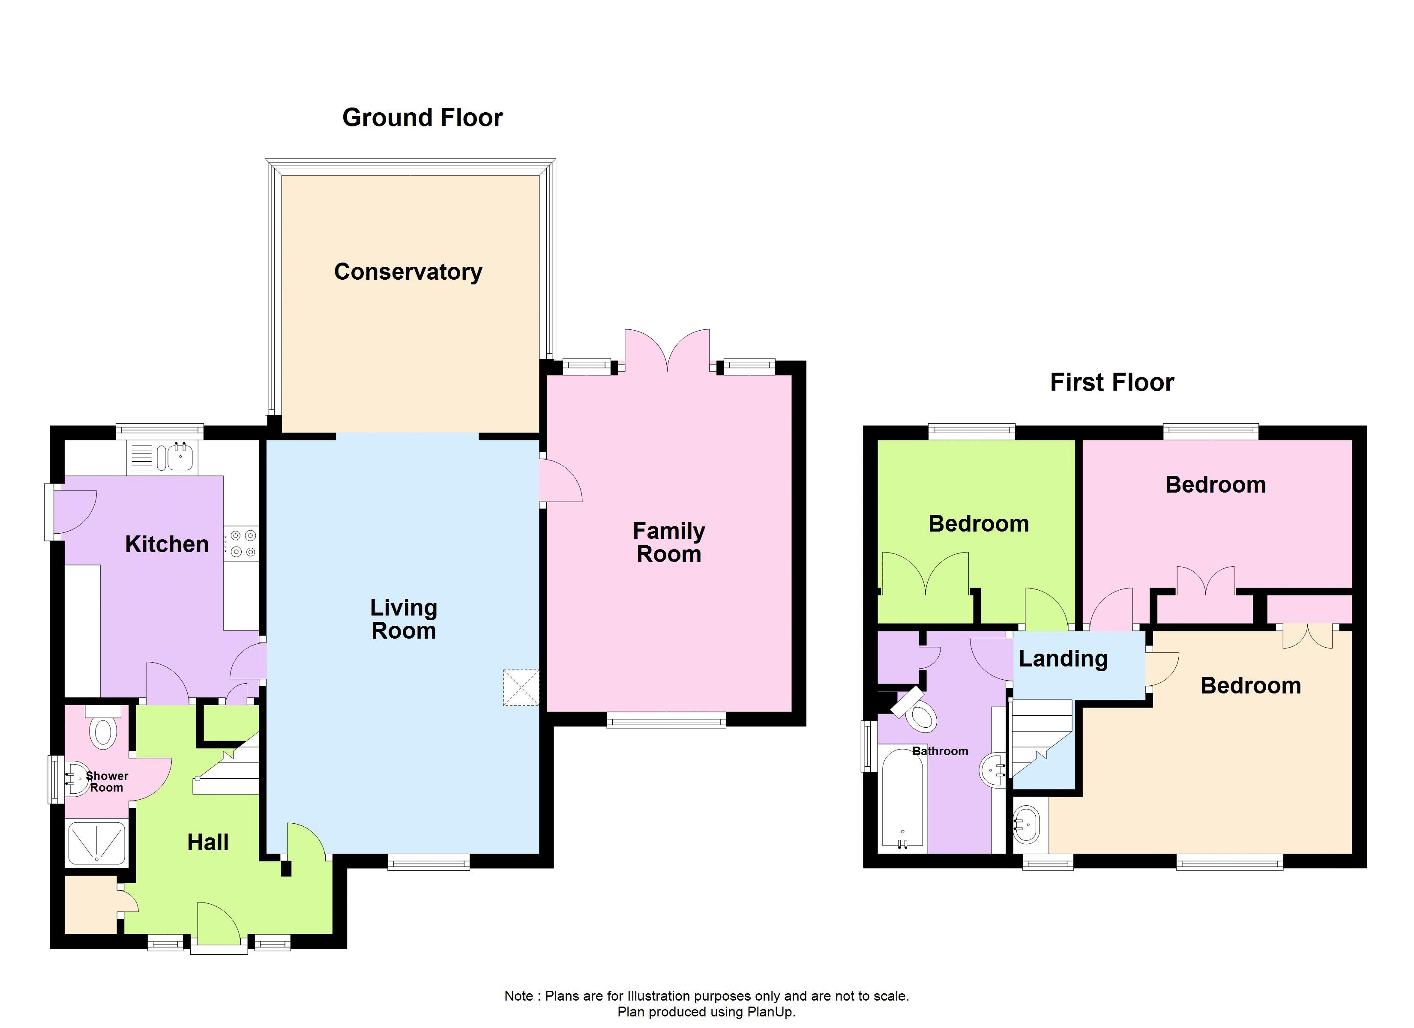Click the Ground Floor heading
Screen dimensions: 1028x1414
pos(422,118)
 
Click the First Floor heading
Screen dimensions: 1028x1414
pos(1111,382)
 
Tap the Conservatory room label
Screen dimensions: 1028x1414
pos(408,272)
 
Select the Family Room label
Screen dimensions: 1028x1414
pos(668,542)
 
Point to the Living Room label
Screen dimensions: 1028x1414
pos(403,619)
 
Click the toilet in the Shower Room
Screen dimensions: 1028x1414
pos(103,731)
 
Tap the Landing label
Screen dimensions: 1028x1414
pos(1063,659)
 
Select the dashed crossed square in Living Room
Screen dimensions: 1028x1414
pos(521,687)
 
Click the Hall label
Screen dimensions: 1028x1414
pos(208,843)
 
